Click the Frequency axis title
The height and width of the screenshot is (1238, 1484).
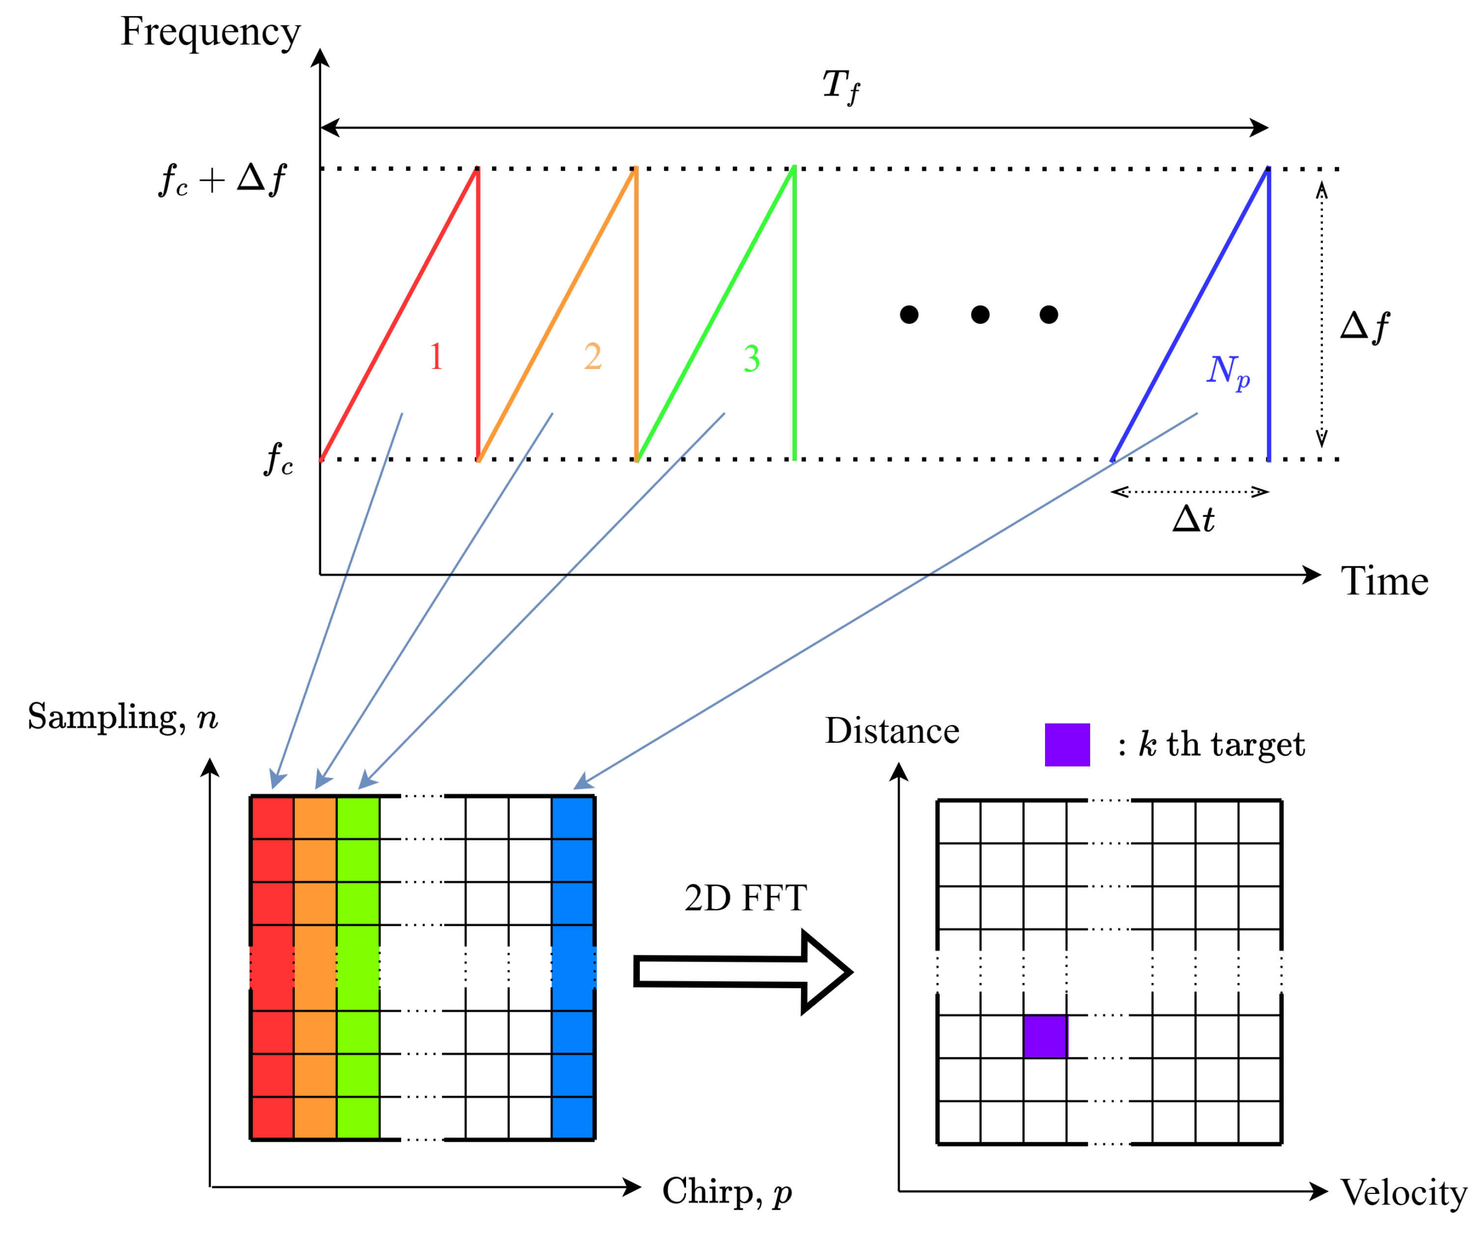pyautogui.click(x=211, y=32)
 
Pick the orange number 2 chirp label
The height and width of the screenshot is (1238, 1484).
pyautogui.click(x=593, y=357)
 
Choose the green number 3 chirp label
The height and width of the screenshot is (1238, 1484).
pyautogui.click(x=751, y=359)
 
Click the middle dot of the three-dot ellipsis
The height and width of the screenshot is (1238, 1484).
pyautogui.click(x=980, y=314)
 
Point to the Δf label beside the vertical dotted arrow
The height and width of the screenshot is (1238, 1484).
pyautogui.click(x=1364, y=327)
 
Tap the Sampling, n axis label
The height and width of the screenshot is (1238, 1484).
pyautogui.click(x=122, y=717)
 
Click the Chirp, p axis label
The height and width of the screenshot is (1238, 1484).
pyautogui.click(x=726, y=1191)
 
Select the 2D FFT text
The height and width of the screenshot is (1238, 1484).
pyautogui.click(x=745, y=898)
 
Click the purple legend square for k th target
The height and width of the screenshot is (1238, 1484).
pyautogui.click(x=1067, y=745)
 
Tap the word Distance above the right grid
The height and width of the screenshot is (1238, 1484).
pyautogui.click(x=892, y=731)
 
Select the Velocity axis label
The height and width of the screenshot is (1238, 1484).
pyautogui.click(x=1403, y=1193)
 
